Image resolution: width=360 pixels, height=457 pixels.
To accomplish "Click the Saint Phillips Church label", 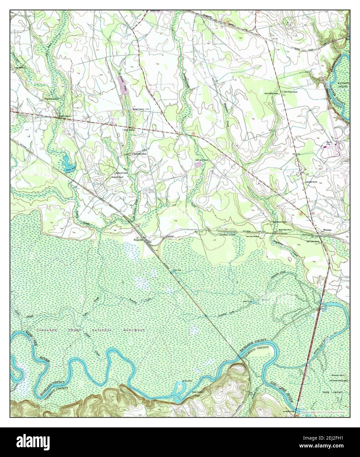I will coord(291,92).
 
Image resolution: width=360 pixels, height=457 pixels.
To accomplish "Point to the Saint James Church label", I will coord(202,160).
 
